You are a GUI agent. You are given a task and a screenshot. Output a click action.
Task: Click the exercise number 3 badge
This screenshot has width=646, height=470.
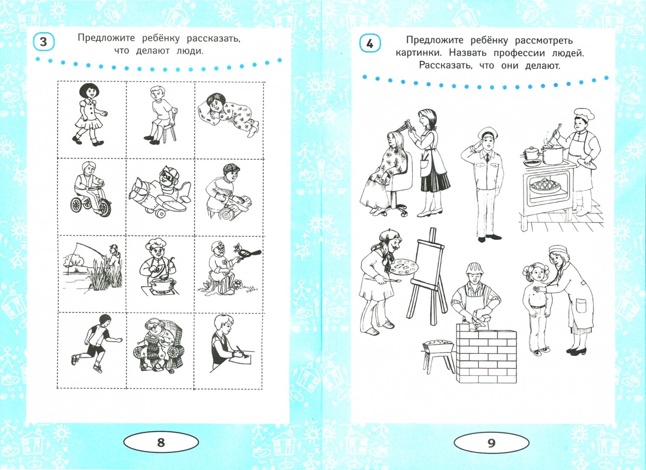coord(43,42)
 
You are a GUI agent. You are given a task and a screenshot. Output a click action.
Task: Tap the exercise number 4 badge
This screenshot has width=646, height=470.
coord(370,44)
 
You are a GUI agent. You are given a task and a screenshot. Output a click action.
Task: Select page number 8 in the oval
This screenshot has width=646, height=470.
coord(161,442)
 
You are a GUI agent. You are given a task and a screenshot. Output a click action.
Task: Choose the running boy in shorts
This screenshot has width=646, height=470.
coord(96,343)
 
